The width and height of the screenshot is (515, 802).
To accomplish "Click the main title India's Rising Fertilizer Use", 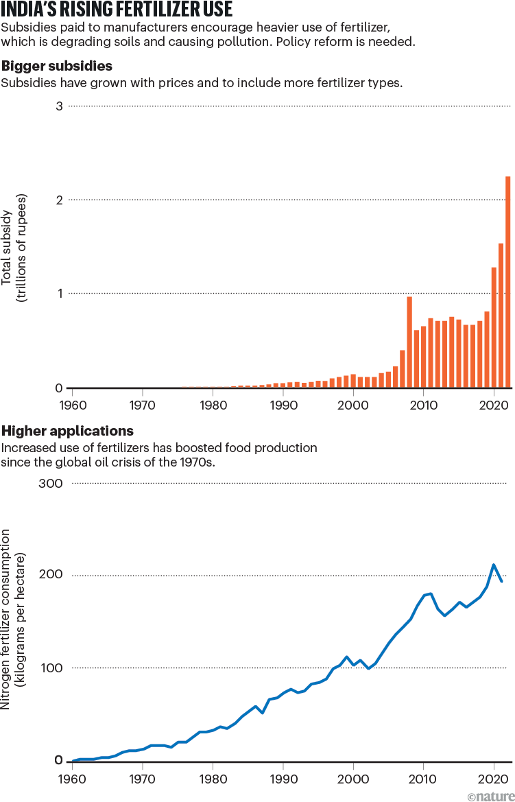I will [x=117, y=10].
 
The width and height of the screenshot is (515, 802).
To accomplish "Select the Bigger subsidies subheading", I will [x=57, y=67].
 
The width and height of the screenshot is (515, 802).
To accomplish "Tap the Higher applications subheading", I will [x=67, y=432].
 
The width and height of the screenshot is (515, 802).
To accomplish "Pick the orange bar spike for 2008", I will [x=409, y=342].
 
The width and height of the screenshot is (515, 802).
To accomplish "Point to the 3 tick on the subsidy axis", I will [x=59, y=106].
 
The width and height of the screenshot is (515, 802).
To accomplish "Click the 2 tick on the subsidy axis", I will [x=59, y=200].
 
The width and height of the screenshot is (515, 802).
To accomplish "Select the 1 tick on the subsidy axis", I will [x=59, y=294].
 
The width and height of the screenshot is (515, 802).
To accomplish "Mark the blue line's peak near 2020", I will [x=494, y=565].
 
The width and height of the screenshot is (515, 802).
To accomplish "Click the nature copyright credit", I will [x=489, y=795].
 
